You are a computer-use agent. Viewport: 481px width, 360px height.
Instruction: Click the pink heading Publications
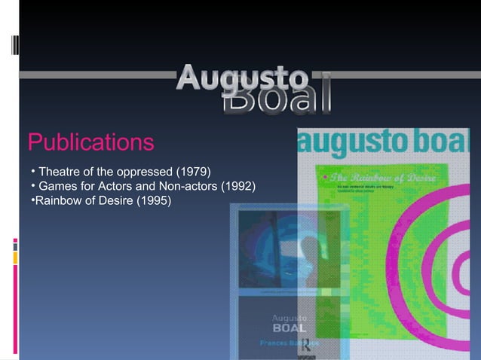(x=90, y=142)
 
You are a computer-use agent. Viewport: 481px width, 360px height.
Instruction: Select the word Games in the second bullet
(x=57, y=185)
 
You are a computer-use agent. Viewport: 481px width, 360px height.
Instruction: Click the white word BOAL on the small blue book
(x=289, y=328)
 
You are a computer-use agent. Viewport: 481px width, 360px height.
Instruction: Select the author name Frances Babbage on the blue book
(x=289, y=343)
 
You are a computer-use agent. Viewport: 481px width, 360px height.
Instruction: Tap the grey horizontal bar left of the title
(x=98, y=75)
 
